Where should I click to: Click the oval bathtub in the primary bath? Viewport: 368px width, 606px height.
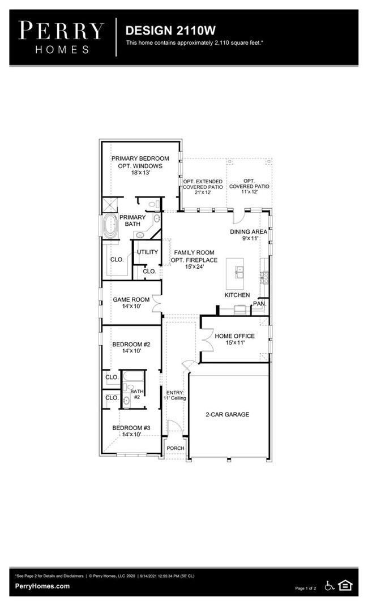109,227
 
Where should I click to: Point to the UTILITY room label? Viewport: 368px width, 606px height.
147,252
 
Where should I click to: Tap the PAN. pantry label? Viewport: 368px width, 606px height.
259,303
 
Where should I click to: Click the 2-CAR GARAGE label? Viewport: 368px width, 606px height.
227,414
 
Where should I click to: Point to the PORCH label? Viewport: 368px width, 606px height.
174,449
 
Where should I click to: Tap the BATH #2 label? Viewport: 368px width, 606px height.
137,394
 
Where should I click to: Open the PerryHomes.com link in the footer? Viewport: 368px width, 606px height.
42,586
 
